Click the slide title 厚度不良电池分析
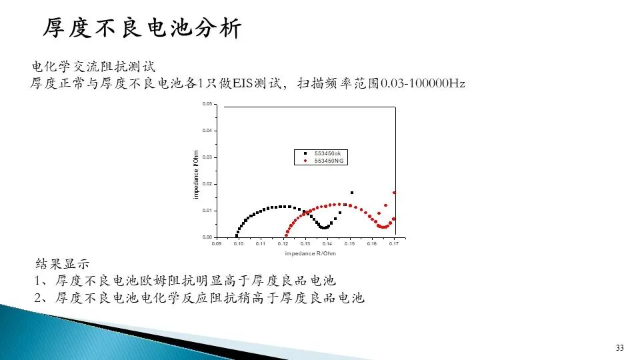[x=143, y=29]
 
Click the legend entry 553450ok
[x=327, y=153]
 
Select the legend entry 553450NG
[x=329, y=161]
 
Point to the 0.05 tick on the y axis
[x=207, y=104]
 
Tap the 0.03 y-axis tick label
[x=207, y=157]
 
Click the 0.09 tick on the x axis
[x=216, y=244]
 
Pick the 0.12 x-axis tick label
[x=283, y=244]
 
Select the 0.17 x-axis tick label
[x=393, y=244]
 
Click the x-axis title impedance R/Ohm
[x=310, y=253]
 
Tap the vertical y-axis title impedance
[x=196, y=175]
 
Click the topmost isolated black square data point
[x=352, y=193]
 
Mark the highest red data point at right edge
[x=394, y=193]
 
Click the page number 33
[x=619, y=348]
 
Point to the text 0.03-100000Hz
[x=423, y=83]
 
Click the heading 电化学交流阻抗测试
[x=94, y=67]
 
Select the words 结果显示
[x=62, y=264]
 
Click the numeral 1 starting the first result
[x=37, y=281]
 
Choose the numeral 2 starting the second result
[x=38, y=298]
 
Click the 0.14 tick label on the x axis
[x=327, y=244]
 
